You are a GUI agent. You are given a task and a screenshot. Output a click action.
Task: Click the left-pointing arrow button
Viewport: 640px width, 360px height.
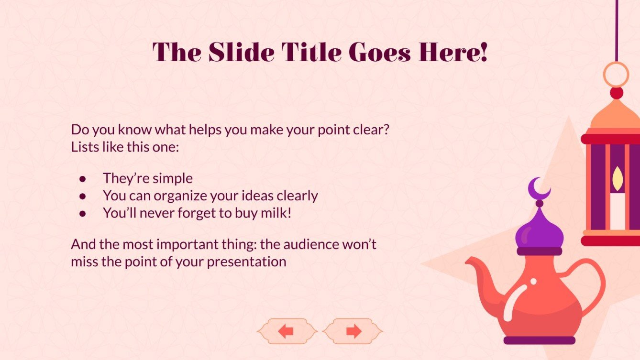[x=287, y=331]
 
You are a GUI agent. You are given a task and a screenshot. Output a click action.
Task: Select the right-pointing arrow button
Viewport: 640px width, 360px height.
[x=353, y=331]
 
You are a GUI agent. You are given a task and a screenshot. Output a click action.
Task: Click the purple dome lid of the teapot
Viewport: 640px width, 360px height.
[x=539, y=231]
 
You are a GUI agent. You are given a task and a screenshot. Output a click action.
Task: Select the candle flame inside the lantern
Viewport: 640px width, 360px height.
[x=618, y=177]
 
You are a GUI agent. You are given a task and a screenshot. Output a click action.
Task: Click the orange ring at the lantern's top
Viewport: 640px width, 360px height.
[x=616, y=75]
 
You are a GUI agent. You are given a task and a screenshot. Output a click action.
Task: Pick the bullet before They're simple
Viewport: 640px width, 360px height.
[x=83, y=179]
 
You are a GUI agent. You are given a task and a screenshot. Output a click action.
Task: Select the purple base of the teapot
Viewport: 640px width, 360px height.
[x=539, y=340]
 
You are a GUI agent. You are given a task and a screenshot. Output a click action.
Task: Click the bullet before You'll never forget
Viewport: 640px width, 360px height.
[x=83, y=213]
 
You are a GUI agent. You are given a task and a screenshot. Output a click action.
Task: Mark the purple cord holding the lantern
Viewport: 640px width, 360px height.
[x=616, y=29]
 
